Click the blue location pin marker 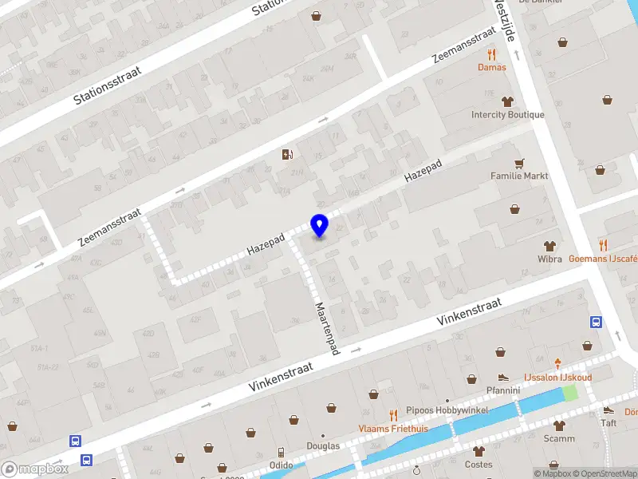(x=319, y=225)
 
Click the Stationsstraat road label (x=107, y=85)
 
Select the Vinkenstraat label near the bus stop (x=469, y=316)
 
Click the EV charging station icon (x=287, y=154)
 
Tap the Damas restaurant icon (x=491, y=54)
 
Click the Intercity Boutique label (x=508, y=114)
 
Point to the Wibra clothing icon (x=549, y=246)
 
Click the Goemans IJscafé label (x=603, y=259)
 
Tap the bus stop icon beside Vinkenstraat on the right (x=596, y=323)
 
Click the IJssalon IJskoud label (x=557, y=377)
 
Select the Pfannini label (x=503, y=390)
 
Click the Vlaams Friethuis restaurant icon (x=392, y=414)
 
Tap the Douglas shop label (x=324, y=446)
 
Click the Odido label (x=281, y=465)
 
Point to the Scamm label (x=559, y=438)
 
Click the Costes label (x=478, y=464)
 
